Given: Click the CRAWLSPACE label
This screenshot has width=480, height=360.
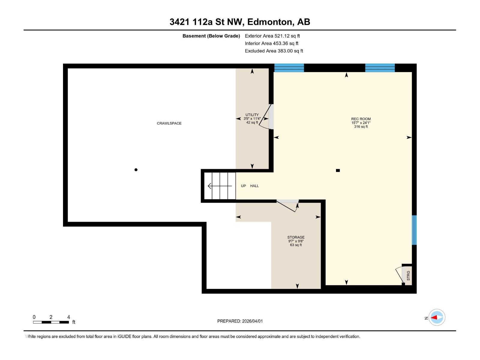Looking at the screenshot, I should click(x=169, y=123).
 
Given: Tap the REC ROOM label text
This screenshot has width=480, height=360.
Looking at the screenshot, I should click(x=361, y=119).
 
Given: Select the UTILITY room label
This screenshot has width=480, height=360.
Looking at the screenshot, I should click(x=252, y=115).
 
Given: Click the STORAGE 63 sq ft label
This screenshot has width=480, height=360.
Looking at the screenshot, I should click(x=296, y=241).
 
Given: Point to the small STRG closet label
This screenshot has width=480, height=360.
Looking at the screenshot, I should click(x=408, y=275).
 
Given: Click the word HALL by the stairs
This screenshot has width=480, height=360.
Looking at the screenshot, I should click(x=254, y=186).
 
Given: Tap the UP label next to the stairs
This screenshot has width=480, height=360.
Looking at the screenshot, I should click(x=243, y=186).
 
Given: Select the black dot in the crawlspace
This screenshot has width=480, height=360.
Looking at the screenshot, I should click(x=136, y=170).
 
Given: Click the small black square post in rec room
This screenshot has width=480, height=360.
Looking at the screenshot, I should click(x=338, y=170).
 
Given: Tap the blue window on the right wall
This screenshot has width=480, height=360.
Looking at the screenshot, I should click(x=414, y=230).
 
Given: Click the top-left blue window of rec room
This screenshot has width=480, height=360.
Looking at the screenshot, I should click(x=289, y=68).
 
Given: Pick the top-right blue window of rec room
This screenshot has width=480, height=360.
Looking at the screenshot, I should click(x=380, y=68).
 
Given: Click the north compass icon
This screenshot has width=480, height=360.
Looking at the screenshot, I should click(x=436, y=317).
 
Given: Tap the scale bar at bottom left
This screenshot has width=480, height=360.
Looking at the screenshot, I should click(x=51, y=322).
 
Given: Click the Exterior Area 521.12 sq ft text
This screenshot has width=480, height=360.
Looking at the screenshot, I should click(x=272, y=36).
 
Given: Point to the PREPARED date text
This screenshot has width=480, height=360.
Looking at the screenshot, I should click(x=240, y=321).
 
